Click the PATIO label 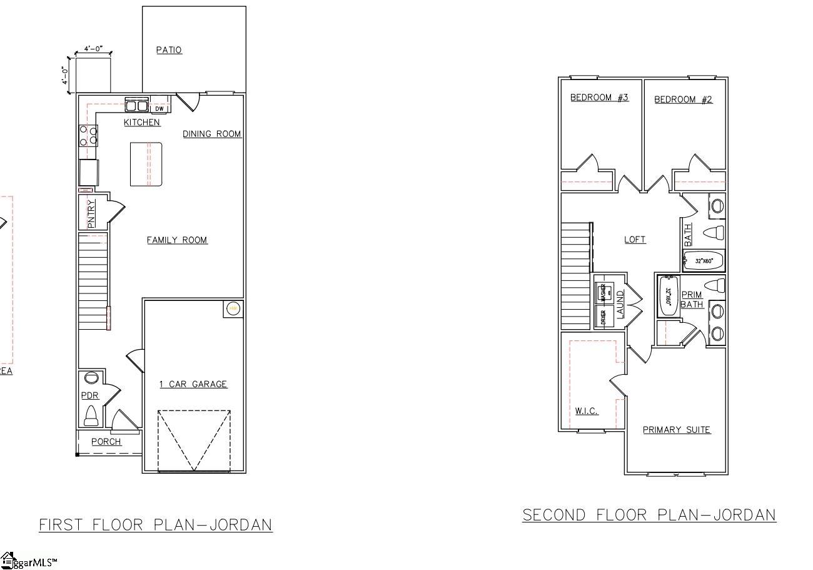(169, 50)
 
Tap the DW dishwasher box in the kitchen (159, 109)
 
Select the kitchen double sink (136, 105)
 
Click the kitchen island (146, 164)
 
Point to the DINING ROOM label (211, 134)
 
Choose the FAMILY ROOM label (177, 240)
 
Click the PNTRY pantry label (91, 213)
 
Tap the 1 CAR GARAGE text (193, 384)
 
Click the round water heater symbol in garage (233, 308)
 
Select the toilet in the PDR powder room (91, 415)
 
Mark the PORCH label (106, 442)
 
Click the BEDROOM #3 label (599, 98)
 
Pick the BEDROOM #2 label (683, 99)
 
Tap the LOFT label (635, 240)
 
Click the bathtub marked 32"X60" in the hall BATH (704, 261)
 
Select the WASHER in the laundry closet (603, 292)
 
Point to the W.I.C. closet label (587, 411)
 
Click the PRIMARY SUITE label (677, 430)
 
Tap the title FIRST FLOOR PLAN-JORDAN (156, 524)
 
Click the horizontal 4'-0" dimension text (93, 49)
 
